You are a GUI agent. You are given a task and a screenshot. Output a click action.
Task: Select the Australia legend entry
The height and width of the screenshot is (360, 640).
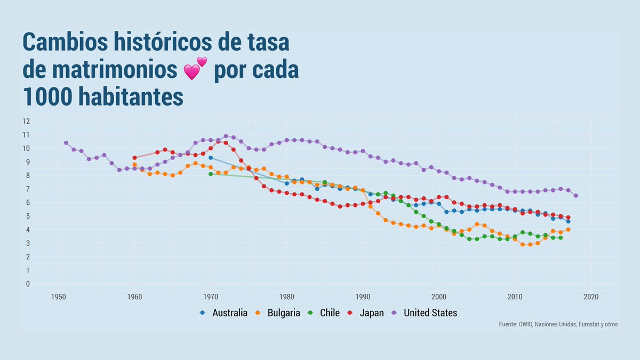tap(223, 313)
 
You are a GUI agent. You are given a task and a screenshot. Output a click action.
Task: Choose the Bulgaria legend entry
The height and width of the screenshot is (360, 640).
tap(277, 313)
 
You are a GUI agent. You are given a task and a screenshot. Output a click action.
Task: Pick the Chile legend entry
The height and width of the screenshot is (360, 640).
tap(324, 313)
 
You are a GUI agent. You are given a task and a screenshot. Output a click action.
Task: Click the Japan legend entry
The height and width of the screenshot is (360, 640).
tap(366, 313)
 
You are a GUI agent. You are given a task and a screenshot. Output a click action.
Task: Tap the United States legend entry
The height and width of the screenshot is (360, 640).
tap(425, 313)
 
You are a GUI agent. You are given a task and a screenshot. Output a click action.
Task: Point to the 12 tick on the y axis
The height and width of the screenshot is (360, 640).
tap(26, 121)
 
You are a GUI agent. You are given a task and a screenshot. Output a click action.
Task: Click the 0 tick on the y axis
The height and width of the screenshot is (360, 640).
tap(28, 284)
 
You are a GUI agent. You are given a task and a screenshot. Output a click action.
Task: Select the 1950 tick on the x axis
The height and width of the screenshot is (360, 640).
tap(59, 297)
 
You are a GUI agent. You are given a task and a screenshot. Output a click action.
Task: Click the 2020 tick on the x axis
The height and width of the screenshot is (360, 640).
tap(591, 297)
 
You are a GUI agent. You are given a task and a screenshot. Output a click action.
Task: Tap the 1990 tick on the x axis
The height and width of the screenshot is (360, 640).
tap(363, 297)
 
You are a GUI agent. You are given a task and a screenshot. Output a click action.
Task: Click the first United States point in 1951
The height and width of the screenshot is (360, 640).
tap(66, 143)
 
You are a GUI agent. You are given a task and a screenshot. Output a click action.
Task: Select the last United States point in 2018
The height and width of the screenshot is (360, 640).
tap(575, 196)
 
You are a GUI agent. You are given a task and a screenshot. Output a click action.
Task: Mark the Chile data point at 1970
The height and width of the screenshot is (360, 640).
tap(211, 174)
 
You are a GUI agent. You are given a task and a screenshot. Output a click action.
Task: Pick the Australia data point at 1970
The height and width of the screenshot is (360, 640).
tap(211, 158)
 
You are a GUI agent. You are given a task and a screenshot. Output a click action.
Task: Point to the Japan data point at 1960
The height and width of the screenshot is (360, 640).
tap(134, 158)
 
